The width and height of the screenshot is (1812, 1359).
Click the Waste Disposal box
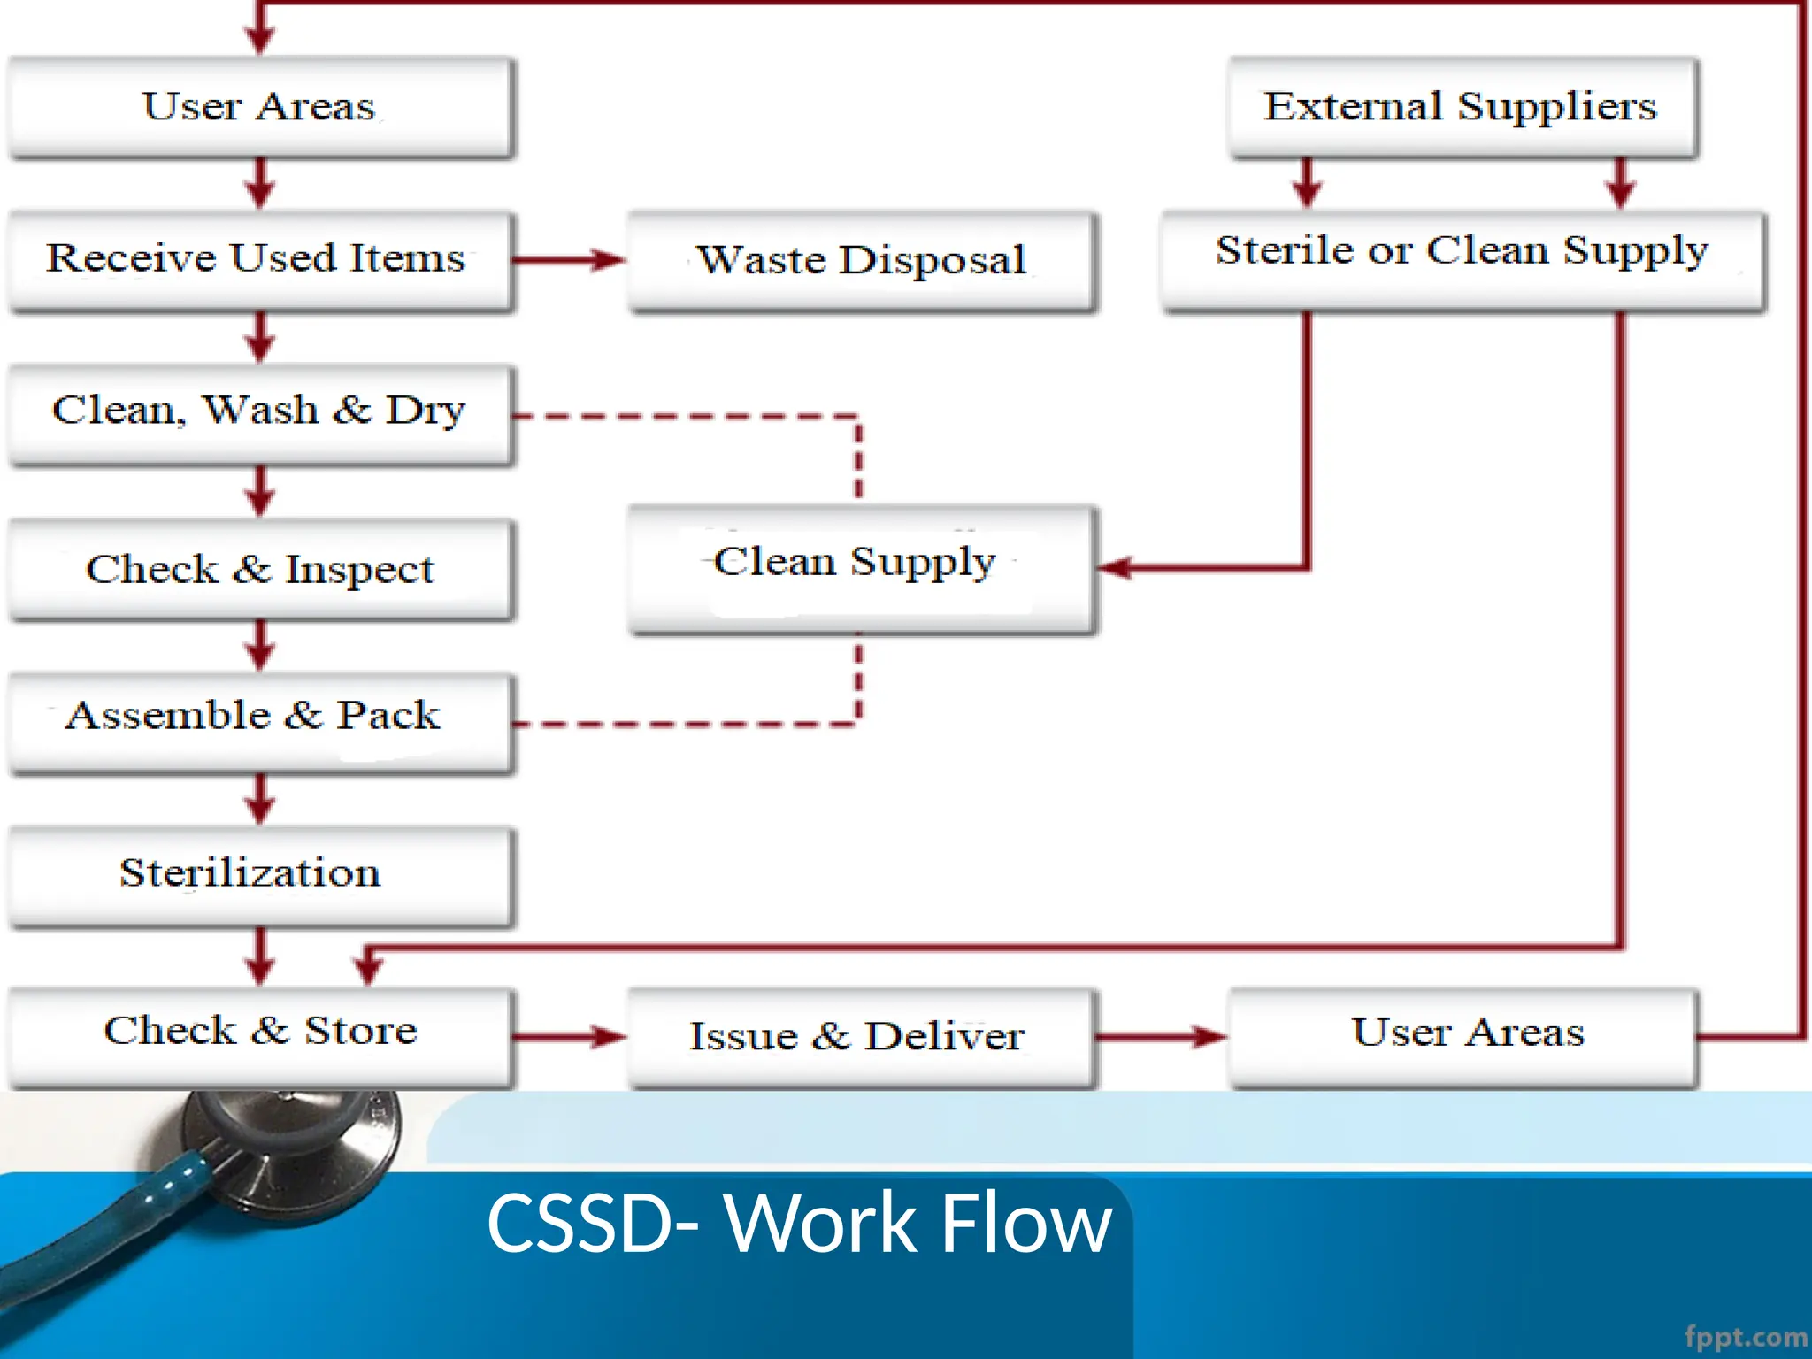click(x=862, y=261)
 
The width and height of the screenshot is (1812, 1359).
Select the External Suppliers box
click(x=1463, y=108)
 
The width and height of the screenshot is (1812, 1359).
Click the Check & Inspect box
click(x=260, y=570)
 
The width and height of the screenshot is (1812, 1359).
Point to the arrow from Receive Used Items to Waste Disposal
click(x=570, y=260)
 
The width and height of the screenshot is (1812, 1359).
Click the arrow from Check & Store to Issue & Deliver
click(x=570, y=1037)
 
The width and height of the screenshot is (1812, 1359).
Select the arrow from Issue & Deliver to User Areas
click(x=1161, y=1037)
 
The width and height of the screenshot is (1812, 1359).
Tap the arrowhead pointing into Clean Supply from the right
click(x=1117, y=568)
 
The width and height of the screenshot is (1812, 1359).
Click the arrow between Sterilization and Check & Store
click(x=260, y=957)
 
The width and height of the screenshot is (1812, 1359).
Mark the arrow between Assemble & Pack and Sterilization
click(x=260, y=800)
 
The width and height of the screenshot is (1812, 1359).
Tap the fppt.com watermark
click(x=1745, y=1336)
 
